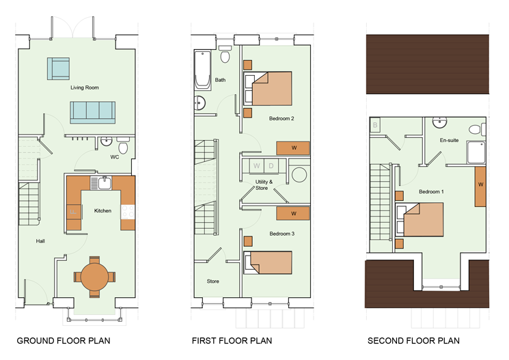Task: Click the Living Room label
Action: [x=85, y=87]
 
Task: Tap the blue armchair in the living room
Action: [x=59, y=68]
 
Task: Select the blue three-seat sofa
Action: [x=93, y=112]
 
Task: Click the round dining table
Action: [x=94, y=277]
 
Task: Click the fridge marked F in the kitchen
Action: [x=74, y=212]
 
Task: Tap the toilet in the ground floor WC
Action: [x=123, y=146]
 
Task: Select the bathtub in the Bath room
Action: [x=202, y=70]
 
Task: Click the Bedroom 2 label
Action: [x=281, y=118]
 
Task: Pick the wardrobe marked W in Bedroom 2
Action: [x=293, y=148]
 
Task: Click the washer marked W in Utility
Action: [x=256, y=166]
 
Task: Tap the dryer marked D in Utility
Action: [x=271, y=166]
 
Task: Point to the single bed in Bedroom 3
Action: [x=268, y=262]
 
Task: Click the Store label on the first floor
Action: [x=213, y=281]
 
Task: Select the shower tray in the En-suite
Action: [x=476, y=152]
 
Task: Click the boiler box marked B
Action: [x=375, y=125]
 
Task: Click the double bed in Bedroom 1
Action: [x=419, y=219]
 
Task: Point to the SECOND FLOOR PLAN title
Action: [x=413, y=341]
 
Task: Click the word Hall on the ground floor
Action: [x=40, y=241]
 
